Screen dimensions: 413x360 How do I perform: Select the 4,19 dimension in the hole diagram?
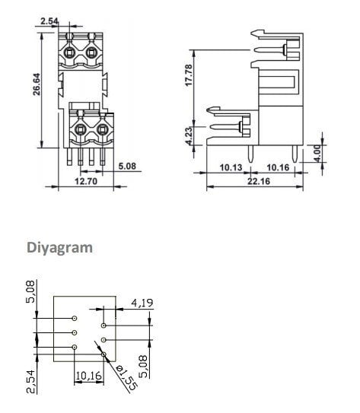(x=143, y=303)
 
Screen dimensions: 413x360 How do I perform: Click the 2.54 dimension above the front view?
(x=48, y=21)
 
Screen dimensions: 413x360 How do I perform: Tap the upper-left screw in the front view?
(x=71, y=53)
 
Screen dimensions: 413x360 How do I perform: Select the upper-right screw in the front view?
(x=92, y=53)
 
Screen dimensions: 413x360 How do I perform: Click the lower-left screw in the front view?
(x=78, y=129)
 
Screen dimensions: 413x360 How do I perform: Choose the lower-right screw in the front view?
(x=99, y=129)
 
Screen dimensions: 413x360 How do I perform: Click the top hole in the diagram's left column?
(x=75, y=319)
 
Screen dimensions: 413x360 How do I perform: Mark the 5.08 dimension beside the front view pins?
(x=127, y=165)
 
